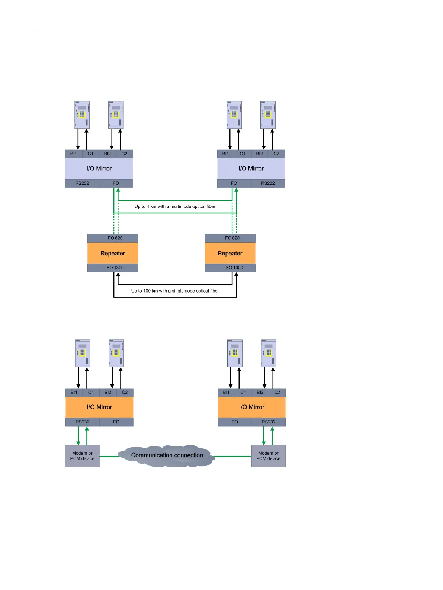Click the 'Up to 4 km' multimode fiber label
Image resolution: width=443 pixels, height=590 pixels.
[175, 207]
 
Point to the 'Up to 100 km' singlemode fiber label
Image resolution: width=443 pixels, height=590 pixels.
[175, 291]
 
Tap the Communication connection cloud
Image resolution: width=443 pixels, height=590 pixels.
[167, 455]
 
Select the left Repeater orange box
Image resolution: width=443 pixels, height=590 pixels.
[113, 254]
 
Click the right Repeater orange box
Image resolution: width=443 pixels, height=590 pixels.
[230, 254]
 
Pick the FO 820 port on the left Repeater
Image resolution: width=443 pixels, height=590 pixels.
[115, 238]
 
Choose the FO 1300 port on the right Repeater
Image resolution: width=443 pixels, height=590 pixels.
[234, 268]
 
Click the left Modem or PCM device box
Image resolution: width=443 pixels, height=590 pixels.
[82, 456]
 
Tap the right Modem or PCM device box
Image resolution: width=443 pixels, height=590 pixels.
[268, 456]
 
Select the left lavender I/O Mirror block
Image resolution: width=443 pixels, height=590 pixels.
[99, 168]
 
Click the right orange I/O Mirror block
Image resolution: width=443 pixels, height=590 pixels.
[251, 407]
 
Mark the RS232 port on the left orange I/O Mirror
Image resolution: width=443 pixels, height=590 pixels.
[83, 422]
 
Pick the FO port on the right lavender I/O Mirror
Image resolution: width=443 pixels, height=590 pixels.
[234, 183]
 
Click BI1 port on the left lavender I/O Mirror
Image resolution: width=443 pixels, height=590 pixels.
[74, 154]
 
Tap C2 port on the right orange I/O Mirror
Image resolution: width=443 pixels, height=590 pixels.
[277, 393]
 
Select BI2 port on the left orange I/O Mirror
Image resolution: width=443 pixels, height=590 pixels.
[108, 393]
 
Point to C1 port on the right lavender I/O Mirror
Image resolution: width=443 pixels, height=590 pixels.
[243, 154]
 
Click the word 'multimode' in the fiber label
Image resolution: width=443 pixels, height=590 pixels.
[181, 207]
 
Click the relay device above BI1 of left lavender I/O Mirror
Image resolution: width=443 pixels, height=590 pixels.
[82, 115]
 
